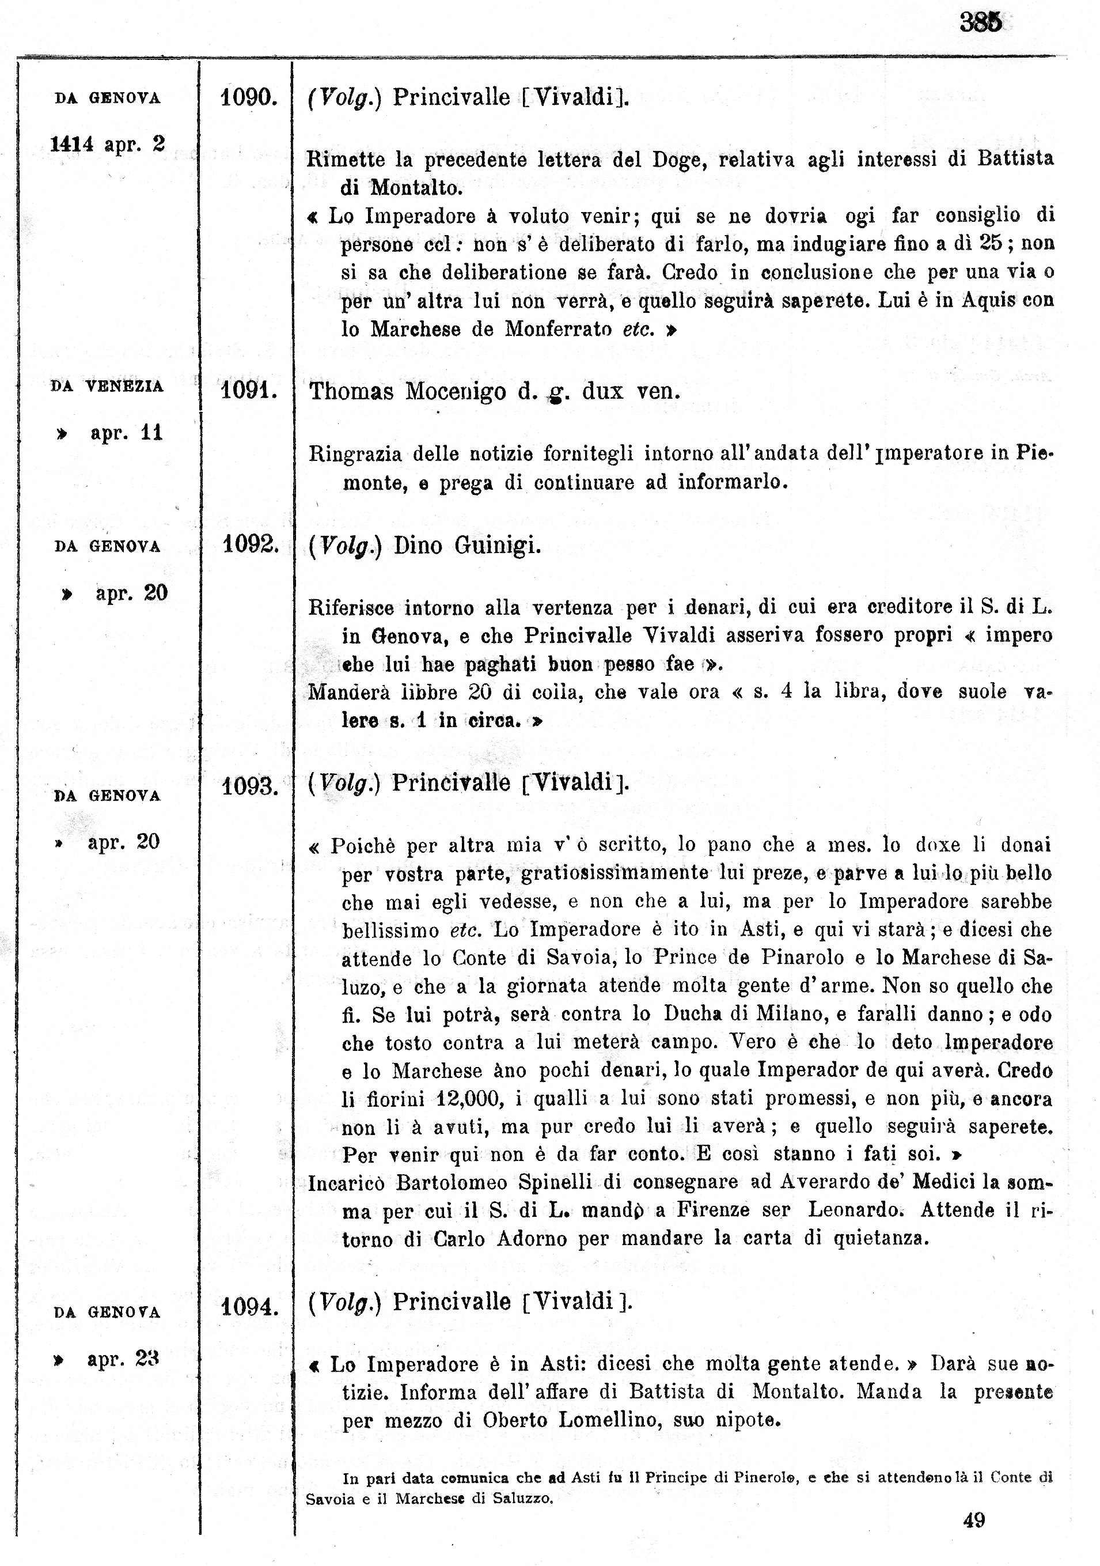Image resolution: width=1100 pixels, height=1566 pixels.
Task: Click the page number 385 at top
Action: [981, 22]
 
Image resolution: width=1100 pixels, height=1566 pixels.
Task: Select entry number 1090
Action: [248, 97]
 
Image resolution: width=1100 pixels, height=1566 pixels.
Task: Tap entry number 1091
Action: [248, 391]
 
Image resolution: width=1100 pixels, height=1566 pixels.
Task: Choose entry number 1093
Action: [249, 786]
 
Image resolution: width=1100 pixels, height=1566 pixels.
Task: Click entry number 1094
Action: [249, 1307]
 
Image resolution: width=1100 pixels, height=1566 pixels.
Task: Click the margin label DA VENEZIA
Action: [107, 386]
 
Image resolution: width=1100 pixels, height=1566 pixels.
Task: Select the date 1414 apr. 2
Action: [107, 144]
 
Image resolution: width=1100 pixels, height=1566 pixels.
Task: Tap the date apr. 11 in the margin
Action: [126, 433]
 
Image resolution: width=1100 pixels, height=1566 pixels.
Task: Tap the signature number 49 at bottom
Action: [974, 1520]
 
